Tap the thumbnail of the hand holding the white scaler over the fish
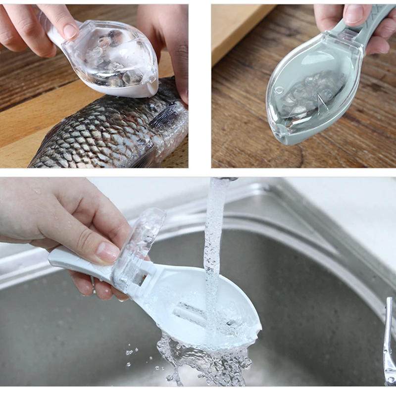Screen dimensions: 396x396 click(x=70, y=31)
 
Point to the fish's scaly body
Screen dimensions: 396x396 click(x=99, y=134)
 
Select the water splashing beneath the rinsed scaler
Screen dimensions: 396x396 click(x=208, y=359)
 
